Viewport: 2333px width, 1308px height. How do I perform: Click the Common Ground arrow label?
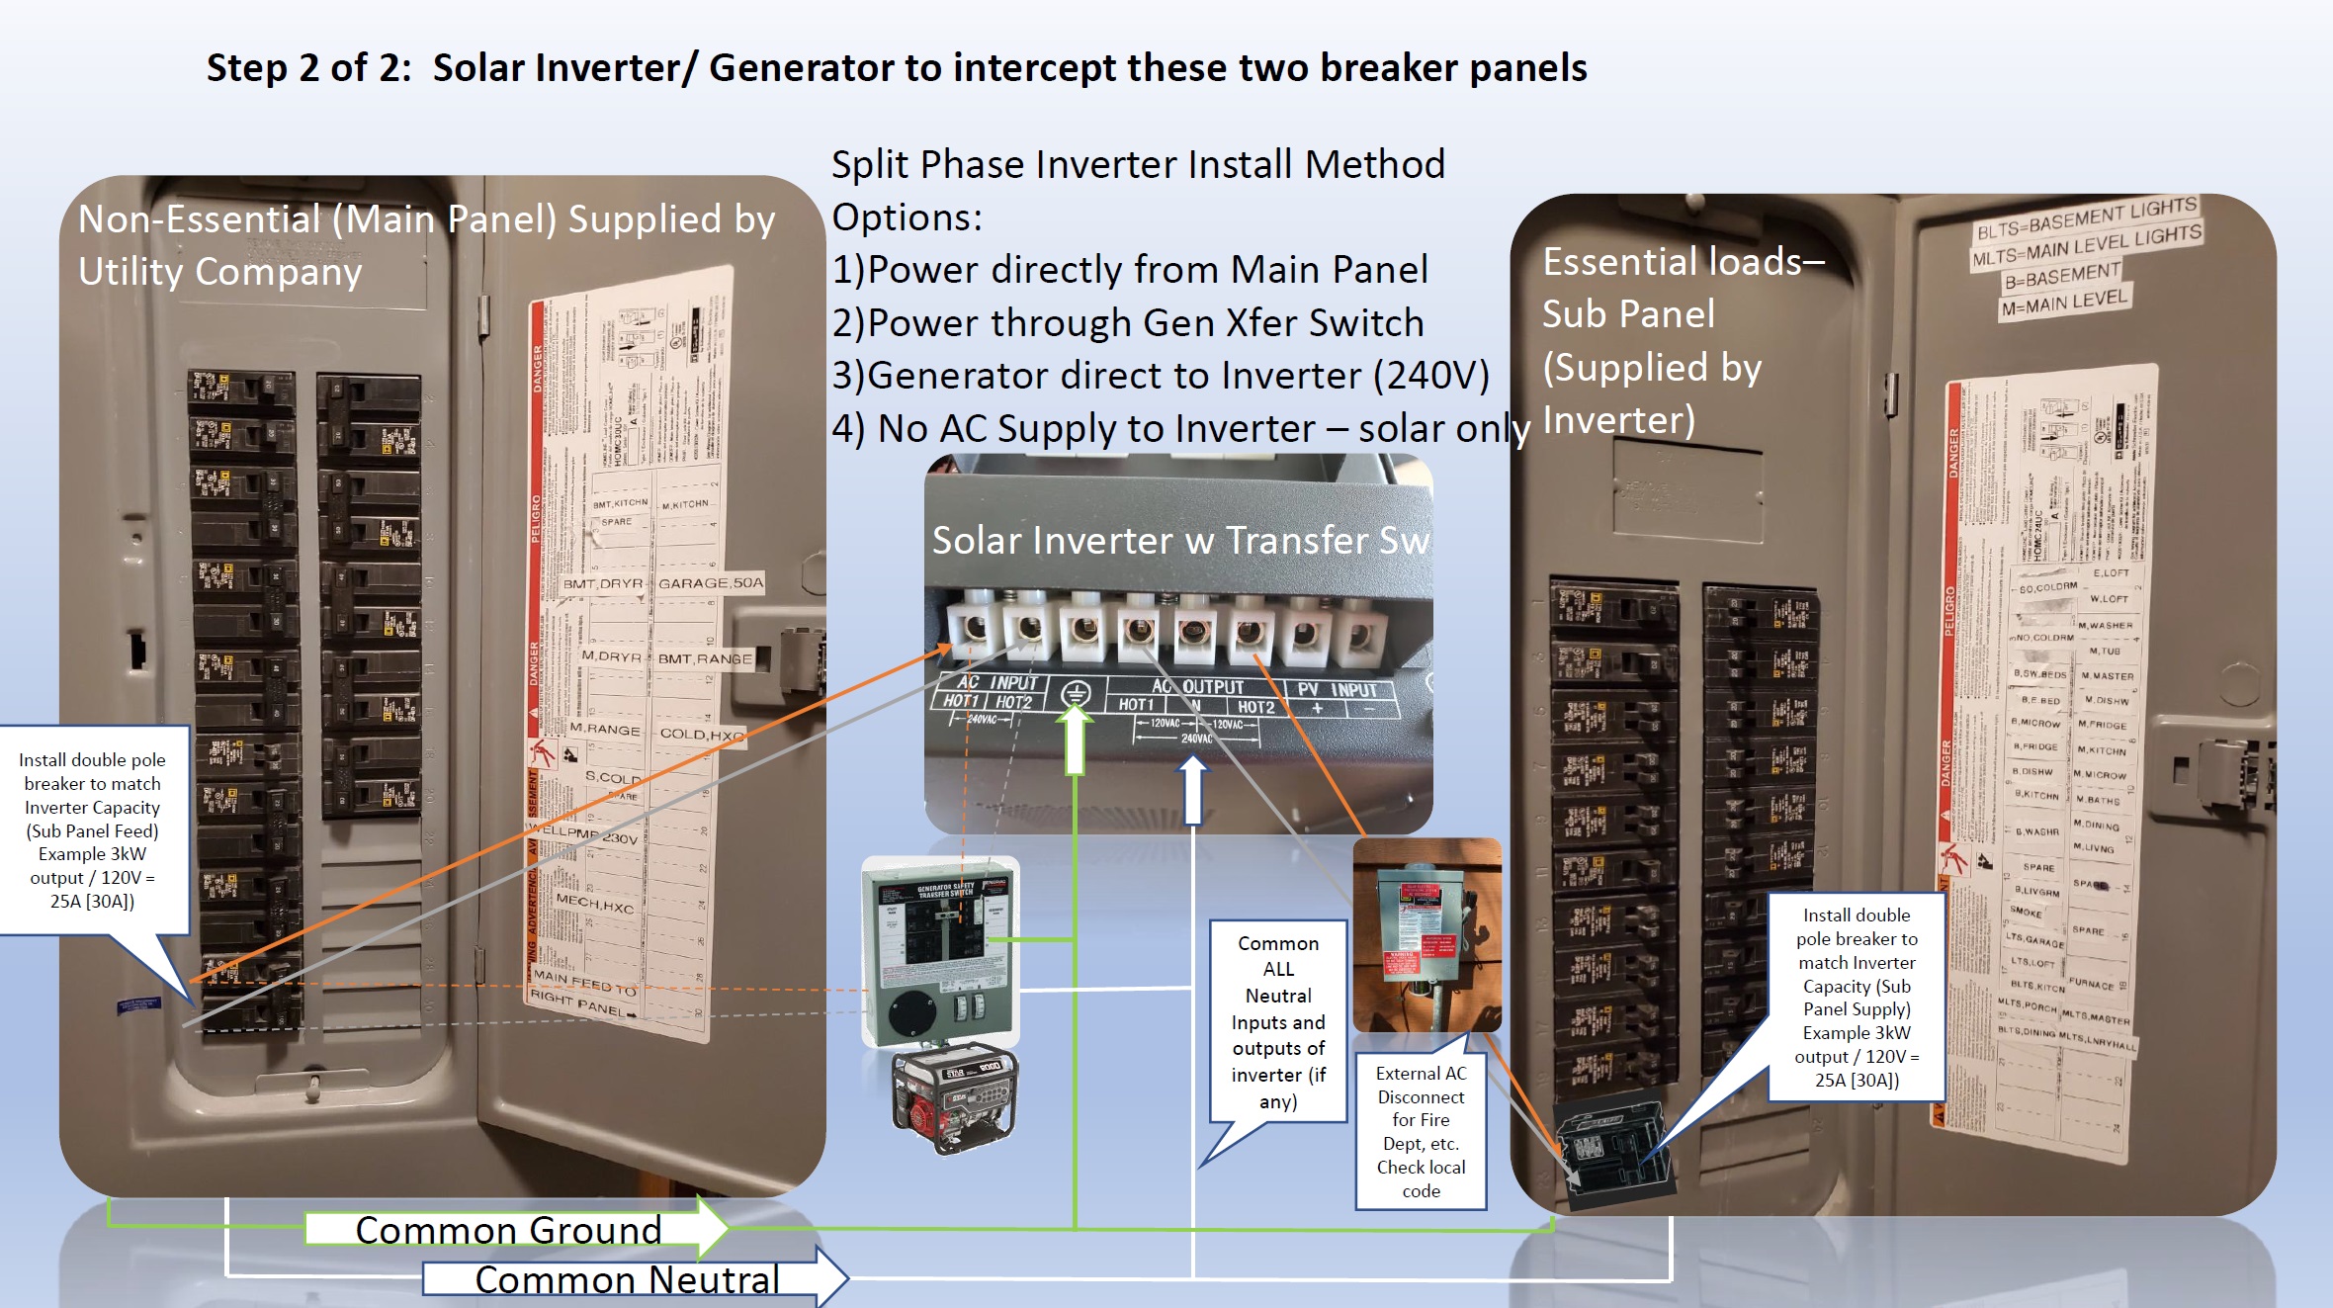point(508,1230)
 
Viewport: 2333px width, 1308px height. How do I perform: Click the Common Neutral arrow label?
point(627,1279)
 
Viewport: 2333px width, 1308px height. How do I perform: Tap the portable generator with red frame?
point(954,1100)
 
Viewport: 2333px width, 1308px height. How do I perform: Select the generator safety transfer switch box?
point(938,949)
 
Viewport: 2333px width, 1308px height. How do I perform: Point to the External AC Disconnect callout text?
point(1421,1131)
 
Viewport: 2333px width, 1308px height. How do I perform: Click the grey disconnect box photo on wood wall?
point(1426,934)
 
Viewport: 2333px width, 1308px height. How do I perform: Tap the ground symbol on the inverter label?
point(1076,694)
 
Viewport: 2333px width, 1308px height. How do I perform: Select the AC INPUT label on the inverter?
point(997,682)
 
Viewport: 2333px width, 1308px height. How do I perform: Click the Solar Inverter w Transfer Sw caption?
point(1179,540)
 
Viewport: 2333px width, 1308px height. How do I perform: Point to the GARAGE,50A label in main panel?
point(711,583)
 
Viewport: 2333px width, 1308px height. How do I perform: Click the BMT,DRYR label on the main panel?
point(602,583)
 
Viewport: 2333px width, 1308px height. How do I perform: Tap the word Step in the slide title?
point(246,67)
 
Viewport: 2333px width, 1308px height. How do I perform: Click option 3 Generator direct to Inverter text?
point(1160,376)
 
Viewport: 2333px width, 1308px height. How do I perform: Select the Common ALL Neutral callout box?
point(1277,1021)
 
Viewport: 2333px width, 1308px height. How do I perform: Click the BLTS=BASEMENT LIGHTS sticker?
point(2086,218)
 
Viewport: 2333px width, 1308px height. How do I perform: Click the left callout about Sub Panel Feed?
point(92,829)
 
